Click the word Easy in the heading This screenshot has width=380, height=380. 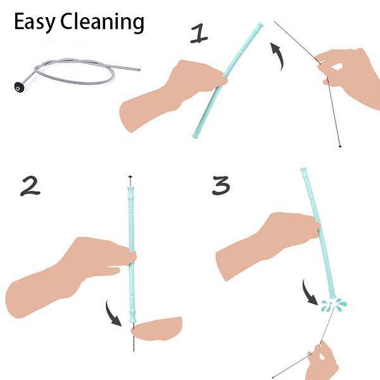click(35, 22)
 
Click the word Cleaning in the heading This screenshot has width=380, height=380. click(102, 22)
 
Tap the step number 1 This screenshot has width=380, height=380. click(199, 34)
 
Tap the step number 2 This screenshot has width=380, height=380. click(30, 186)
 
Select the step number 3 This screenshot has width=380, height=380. click(221, 186)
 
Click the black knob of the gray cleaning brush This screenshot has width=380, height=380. click(19, 87)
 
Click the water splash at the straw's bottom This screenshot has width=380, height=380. click(334, 304)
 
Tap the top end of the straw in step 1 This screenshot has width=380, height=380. click(260, 25)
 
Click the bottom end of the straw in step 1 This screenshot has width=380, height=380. click(195, 136)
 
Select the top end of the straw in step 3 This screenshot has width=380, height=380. click(304, 169)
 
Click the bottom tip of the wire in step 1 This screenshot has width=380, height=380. click(340, 146)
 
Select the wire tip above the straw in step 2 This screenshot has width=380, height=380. click(130, 177)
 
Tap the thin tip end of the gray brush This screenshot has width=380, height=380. click(139, 70)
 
